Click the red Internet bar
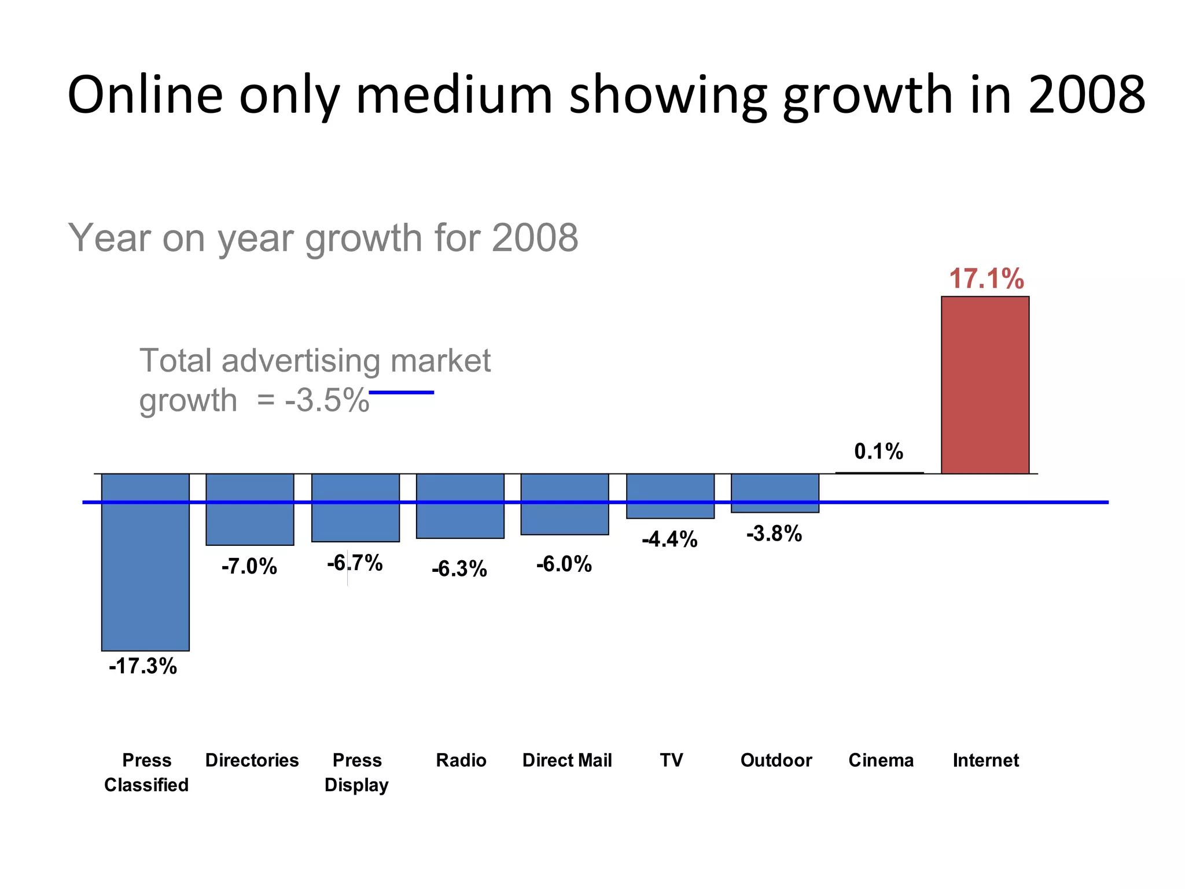click(985, 385)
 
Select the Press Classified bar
click(145, 561)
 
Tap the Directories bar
click(250, 509)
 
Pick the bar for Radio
click(460, 506)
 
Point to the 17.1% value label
click(986, 279)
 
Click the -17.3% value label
click(142, 666)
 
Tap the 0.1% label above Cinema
click(878, 451)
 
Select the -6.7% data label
click(355, 563)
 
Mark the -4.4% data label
click(669, 539)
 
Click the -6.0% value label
click(564, 564)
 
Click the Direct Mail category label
click(566, 760)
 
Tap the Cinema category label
click(881, 760)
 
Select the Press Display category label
click(356, 772)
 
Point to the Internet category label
click(985, 760)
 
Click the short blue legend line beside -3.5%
click(401, 392)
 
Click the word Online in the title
click(145, 94)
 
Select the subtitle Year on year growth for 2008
click(323, 237)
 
